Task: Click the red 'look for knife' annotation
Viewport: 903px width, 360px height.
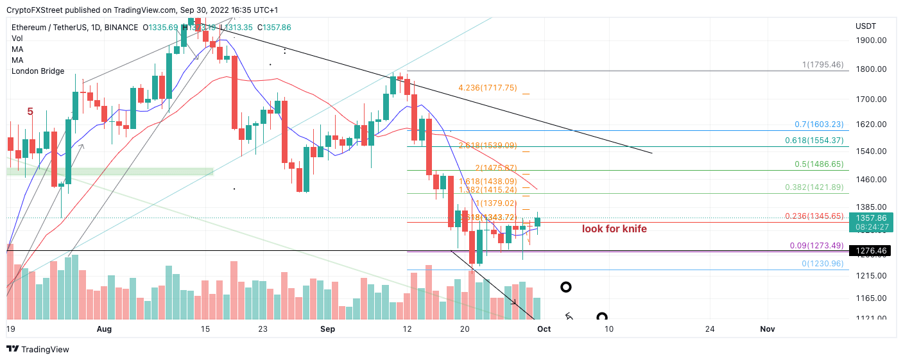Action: (614, 228)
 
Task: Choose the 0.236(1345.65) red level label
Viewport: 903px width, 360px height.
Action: (813, 216)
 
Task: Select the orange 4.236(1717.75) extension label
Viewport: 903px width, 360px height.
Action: (487, 88)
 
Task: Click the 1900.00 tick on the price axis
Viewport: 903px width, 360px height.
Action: (871, 40)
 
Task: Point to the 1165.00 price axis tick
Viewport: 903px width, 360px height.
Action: (871, 298)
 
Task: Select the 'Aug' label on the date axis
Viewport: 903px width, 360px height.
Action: (104, 329)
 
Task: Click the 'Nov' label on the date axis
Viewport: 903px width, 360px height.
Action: (767, 329)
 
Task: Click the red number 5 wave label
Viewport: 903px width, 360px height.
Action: (30, 112)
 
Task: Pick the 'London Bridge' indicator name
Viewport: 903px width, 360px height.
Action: (38, 71)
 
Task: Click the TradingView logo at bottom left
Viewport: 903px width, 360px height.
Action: (38, 349)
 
